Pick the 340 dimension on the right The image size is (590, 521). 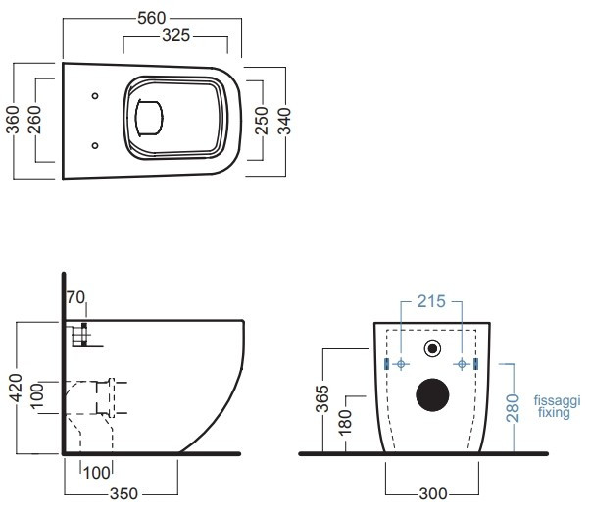pyautogui.click(x=285, y=122)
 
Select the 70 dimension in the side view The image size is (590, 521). pyautogui.click(x=75, y=296)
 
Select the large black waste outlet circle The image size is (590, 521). pyautogui.click(x=430, y=393)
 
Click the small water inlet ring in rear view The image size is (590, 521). pyautogui.click(x=431, y=348)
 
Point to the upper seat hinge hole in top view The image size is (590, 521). pyautogui.click(x=95, y=96)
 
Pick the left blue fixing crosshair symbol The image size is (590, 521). pyautogui.click(x=400, y=364)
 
